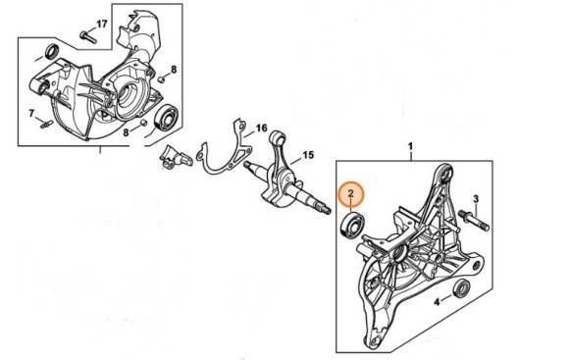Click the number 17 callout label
pos(102,23)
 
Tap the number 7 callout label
pos(31,113)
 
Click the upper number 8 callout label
pos(173,70)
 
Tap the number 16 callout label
pos(261,129)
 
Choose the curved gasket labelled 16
pos(222,157)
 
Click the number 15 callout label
pos(307,155)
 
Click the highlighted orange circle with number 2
pos(350,195)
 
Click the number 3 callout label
pos(475,198)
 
